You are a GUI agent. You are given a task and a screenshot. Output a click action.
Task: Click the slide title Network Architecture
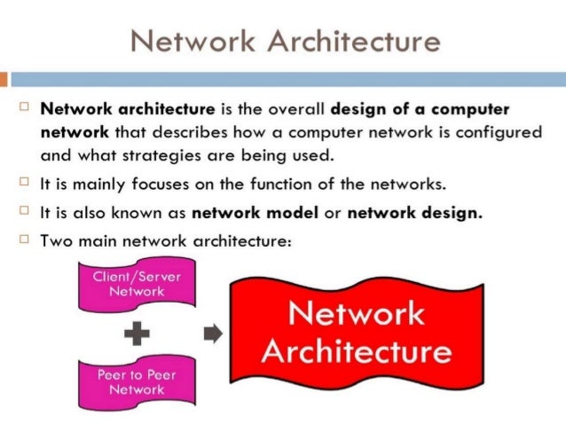[283, 40]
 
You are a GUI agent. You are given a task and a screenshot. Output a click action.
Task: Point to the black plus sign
[137, 334]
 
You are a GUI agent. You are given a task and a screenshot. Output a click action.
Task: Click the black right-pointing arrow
[212, 334]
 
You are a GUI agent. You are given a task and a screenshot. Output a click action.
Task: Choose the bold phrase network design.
[416, 213]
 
